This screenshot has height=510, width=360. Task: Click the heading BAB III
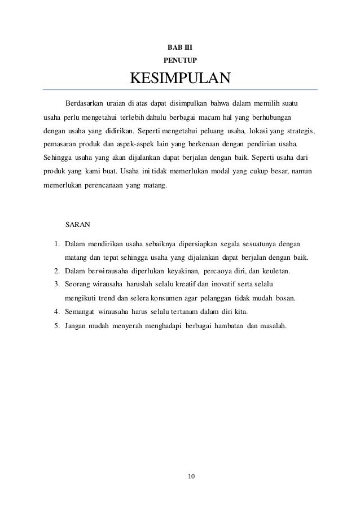(x=180, y=46)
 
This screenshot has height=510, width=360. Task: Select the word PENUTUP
(x=180, y=59)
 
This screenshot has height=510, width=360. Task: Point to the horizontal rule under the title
(x=180, y=90)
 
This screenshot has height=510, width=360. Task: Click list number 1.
(x=57, y=244)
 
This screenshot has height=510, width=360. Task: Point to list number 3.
(x=57, y=284)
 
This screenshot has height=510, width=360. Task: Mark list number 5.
(x=57, y=326)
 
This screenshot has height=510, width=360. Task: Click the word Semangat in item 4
(x=80, y=312)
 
